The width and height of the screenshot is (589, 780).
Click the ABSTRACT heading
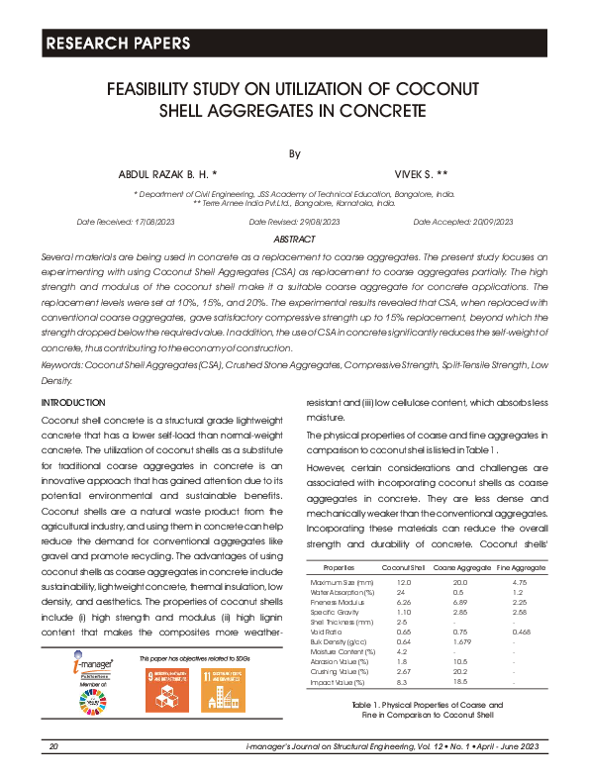coord(294,240)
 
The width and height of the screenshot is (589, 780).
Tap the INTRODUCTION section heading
coord(73,403)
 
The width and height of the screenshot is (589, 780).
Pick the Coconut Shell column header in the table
coord(404,567)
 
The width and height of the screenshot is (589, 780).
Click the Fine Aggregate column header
coord(521,567)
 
